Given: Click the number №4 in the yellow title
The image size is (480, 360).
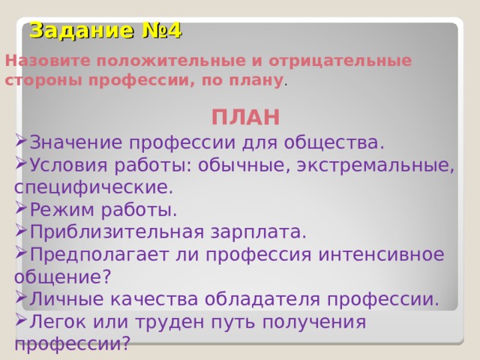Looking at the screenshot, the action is [x=162, y=31].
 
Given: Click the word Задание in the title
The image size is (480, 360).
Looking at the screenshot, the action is [x=82, y=31].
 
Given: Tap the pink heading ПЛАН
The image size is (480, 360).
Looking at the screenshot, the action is [x=245, y=117].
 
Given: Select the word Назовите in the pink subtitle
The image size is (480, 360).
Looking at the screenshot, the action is [x=48, y=61].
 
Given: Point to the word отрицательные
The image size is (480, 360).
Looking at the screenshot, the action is [x=340, y=61].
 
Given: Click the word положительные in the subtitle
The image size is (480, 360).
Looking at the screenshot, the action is [x=171, y=61].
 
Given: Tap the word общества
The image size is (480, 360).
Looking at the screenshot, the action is [x=334, y=142].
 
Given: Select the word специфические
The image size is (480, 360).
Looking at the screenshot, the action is [x=94, y=188].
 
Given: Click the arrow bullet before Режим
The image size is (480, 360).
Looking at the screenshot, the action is [x=21, y=208].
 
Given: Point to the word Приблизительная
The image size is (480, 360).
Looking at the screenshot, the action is [x=117, y=232].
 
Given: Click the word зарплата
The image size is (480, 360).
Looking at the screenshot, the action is [x=259, y=232].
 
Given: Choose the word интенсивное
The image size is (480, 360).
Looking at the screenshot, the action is [x=381, y=254].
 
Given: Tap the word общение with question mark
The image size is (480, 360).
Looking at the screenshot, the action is [x=62, y=277].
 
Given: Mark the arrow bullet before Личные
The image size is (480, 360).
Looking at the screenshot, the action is [x=21, y=297].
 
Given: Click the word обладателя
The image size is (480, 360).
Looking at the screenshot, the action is [x=262, y=299].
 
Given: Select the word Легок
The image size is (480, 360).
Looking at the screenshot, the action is [x=58, y=322].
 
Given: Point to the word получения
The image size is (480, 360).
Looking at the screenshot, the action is [x=314, y=322].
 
